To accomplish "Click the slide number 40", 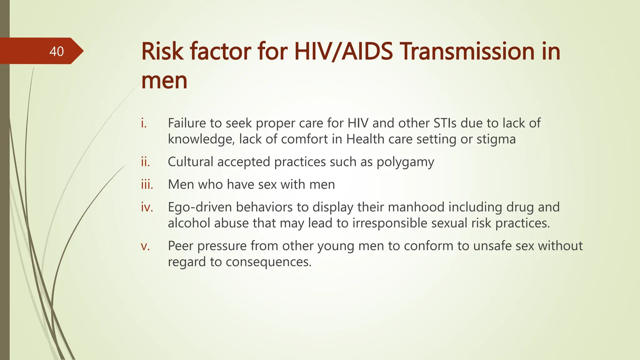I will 57,51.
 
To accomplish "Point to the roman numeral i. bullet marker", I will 143,123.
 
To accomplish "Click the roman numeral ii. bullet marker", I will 145,162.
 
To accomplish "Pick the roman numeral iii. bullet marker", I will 147,184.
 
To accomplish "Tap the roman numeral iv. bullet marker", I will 147,207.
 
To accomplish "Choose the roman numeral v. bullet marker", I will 145,246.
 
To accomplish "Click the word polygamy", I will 405,162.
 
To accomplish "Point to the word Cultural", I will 190,162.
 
